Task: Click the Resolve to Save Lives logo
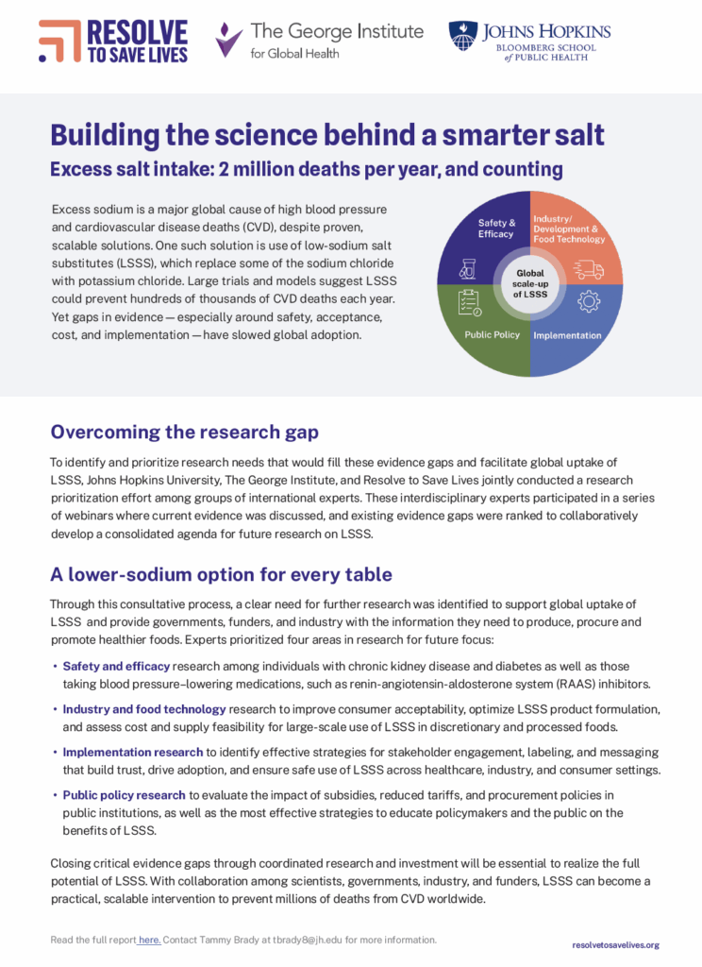[113, 41]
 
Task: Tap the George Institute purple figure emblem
[228, 41]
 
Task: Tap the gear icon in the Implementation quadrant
[588, 301]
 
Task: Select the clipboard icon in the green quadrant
[469, 302]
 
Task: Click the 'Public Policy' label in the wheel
[493, 334]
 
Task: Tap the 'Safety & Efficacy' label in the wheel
[495, 228]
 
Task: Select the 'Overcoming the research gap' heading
[184, 433]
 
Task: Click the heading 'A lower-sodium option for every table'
[221, 574]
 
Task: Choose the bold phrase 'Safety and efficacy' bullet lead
[116, 667]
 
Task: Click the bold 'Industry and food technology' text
[144, 708]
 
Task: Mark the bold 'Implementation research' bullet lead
[133, 752]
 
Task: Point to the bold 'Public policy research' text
[125, 795]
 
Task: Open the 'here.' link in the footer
[149, 940]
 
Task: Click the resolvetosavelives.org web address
[615, 944]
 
